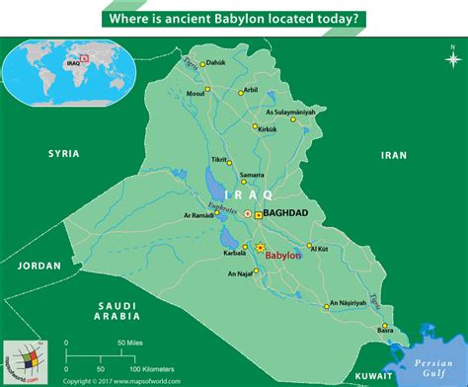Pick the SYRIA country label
(63, 154)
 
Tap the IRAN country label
(394, 155)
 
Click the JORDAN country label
(39, 266)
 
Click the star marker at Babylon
(261, 247)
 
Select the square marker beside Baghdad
(259, 213)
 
